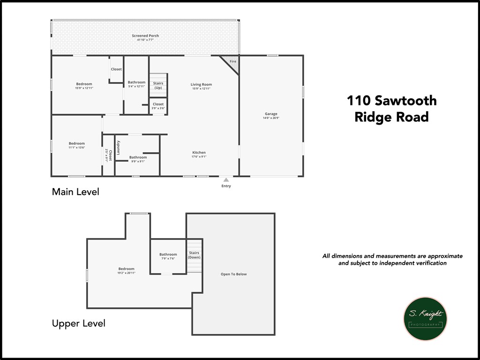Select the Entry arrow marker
[226, 180]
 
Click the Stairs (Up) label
[158, 85]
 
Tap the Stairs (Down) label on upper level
[194, 255]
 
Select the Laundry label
[119, 148]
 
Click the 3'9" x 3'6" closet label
[158, 106]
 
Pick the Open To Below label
[233, 274]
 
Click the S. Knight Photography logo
[425, 318]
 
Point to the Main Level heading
[75, 192]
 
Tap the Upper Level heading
[78, 323]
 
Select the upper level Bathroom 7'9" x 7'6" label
[168, 256]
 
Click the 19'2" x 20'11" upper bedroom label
[126, 271]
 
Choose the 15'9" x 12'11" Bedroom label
[84, 86]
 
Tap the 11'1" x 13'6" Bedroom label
[76, 145]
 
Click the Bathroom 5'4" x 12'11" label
[136, 84]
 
